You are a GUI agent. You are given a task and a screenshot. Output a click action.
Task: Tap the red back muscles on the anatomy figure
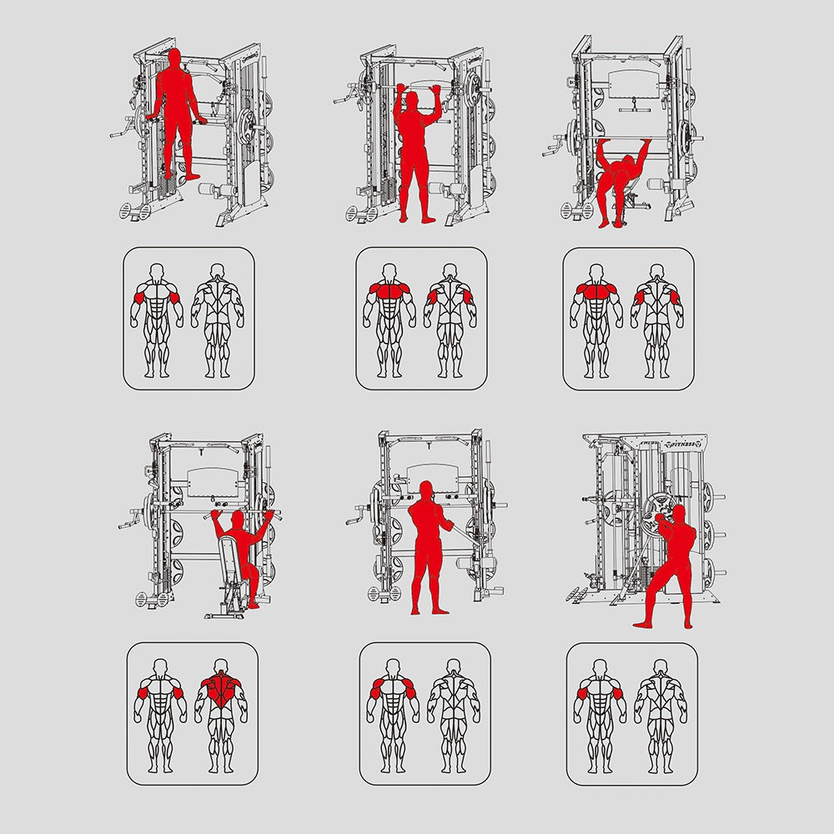coord(221,688)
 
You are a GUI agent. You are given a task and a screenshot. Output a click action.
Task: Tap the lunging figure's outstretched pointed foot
coord(642,622)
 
